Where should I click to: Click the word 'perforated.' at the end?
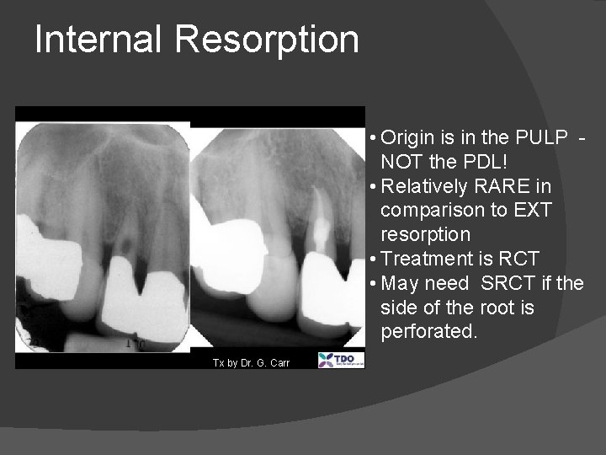tap(429, 332)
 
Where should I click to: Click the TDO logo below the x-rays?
tap(341, 361)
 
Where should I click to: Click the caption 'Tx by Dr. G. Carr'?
tap(251, 362)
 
